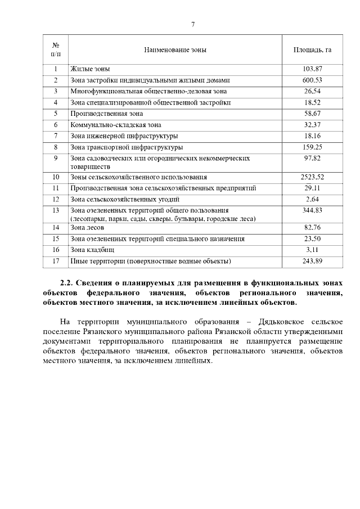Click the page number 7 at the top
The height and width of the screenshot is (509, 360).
click(193, 24)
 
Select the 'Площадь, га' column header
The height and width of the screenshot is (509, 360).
click(312, 50)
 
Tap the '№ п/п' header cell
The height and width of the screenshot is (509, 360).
click(56, 49)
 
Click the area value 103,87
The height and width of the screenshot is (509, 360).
click(312, 69)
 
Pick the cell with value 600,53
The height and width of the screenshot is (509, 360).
click(312, 80)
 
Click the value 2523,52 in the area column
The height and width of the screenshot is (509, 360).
click(312, 177)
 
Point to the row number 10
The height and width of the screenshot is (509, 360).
click(56, 177)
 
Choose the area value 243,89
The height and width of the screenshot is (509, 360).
click(312, 261)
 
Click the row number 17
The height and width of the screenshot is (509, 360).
click(56, 261)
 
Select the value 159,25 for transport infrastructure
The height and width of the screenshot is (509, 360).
click(312, 147)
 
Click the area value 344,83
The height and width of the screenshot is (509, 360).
click(312, 210)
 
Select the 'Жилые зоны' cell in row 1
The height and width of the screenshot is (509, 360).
click(90, 69)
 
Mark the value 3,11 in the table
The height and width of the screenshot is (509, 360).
click(312, 250)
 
